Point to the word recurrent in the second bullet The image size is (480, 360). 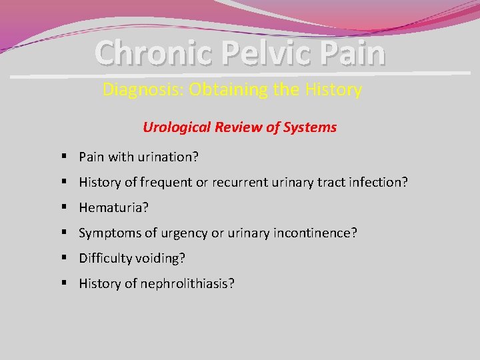click(x=239, y=183)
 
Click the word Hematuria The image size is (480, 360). click(x=113, y=208)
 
